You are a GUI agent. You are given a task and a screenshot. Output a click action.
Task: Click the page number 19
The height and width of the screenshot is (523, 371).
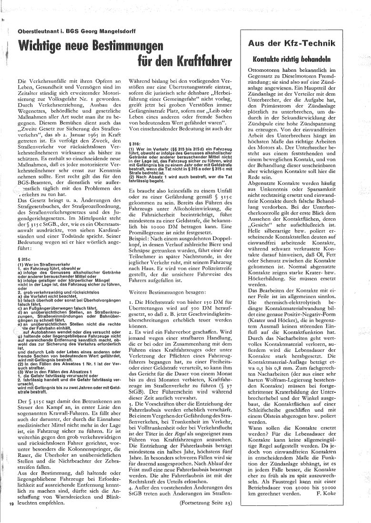[x=11, y=500]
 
